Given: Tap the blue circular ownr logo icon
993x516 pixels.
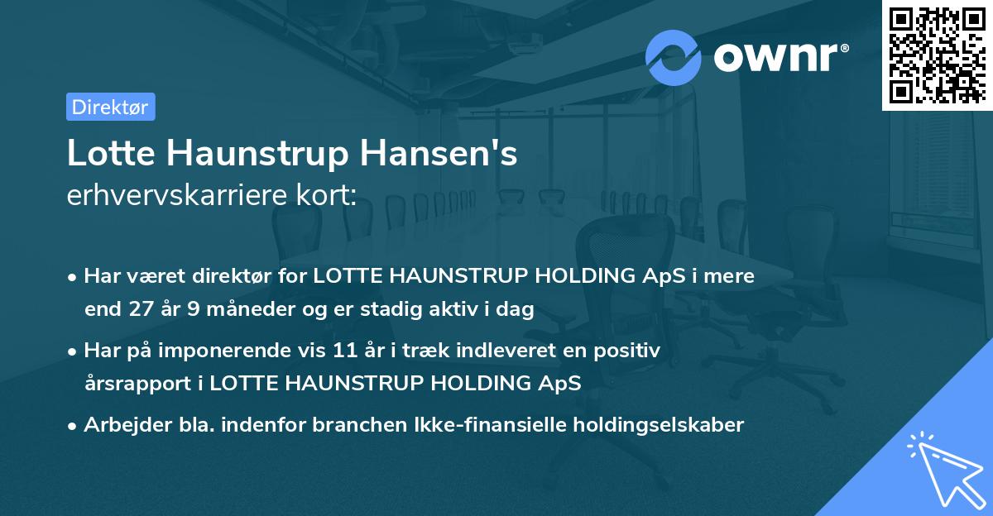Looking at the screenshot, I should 672,58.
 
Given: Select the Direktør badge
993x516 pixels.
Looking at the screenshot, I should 110,107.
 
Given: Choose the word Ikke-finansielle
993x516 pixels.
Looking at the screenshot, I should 480,425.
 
